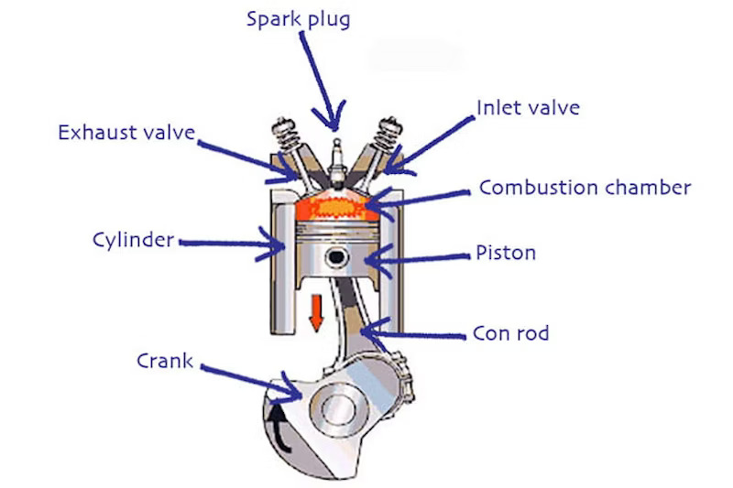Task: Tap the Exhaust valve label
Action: [126, 133]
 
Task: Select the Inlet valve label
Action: [528, 108]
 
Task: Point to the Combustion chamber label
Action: [585, 189]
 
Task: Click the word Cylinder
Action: [133, 241]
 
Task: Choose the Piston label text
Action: [505, 253]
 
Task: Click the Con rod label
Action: [510, 332]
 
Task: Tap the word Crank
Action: [165, 361]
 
